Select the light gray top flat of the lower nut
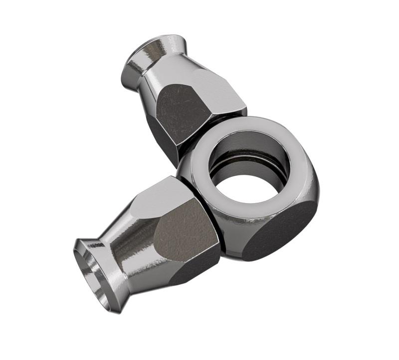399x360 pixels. [x=165, y=197]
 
